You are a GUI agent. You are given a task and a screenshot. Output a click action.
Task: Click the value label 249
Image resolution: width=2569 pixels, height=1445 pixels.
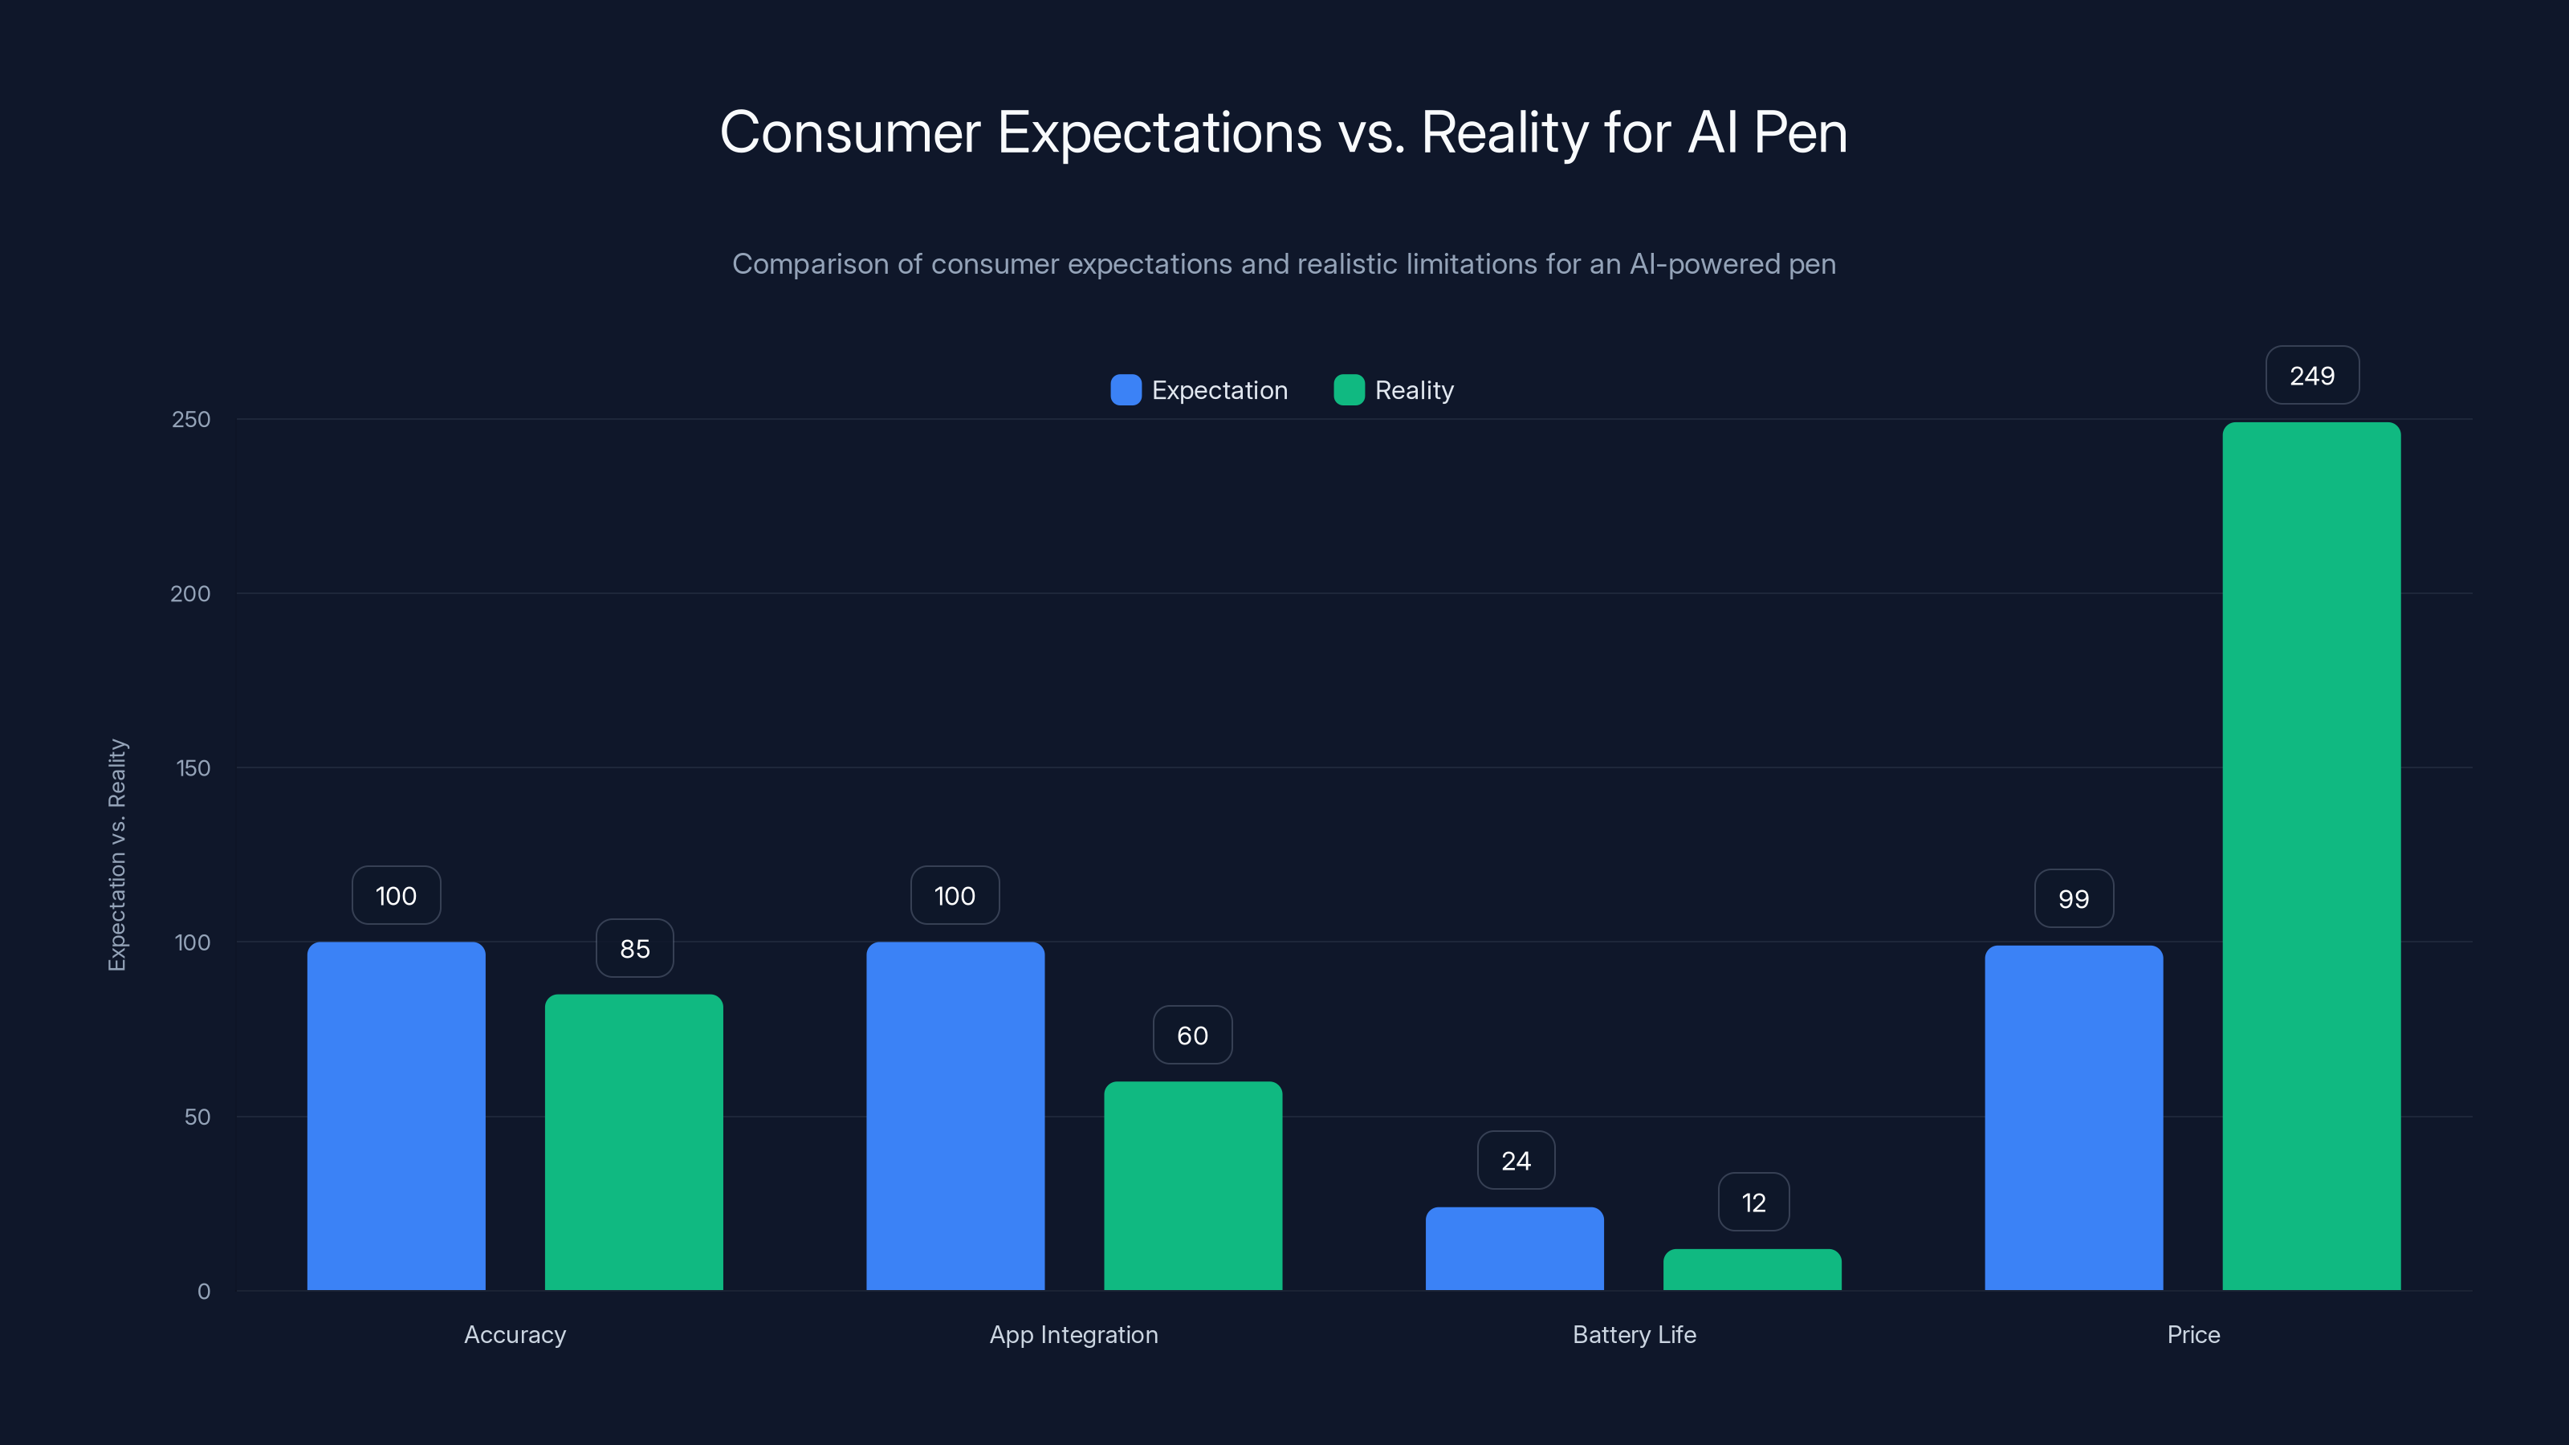(x=2312, y=376)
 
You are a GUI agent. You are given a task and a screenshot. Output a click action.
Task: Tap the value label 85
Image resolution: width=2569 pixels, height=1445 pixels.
(x=634, y=948)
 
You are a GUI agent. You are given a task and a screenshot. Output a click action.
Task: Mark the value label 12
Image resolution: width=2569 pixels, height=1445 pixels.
(x=1753, y=1203)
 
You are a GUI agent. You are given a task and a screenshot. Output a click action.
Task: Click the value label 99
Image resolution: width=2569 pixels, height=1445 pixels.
(x=2074, y=898)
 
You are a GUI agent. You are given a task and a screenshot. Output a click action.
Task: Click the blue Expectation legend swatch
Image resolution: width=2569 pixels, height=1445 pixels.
(x=1126, y=390)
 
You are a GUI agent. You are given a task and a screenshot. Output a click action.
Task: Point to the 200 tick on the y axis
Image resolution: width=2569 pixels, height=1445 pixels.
(x=190, y=593)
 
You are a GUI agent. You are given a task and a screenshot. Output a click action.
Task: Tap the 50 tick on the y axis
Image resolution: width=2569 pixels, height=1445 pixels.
(x=197, y=1117)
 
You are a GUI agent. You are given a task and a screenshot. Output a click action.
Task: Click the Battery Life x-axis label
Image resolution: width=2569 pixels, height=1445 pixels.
(x=1634, y=1334)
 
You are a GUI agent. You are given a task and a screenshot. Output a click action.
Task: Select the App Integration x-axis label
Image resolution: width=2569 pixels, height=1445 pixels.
(x=1073, y=1334)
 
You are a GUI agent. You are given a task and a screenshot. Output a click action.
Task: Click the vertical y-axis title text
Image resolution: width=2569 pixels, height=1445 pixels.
(x=118, y=855)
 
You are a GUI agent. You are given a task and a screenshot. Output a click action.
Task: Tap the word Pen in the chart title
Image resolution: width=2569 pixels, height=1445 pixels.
(x=1800, y=132)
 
